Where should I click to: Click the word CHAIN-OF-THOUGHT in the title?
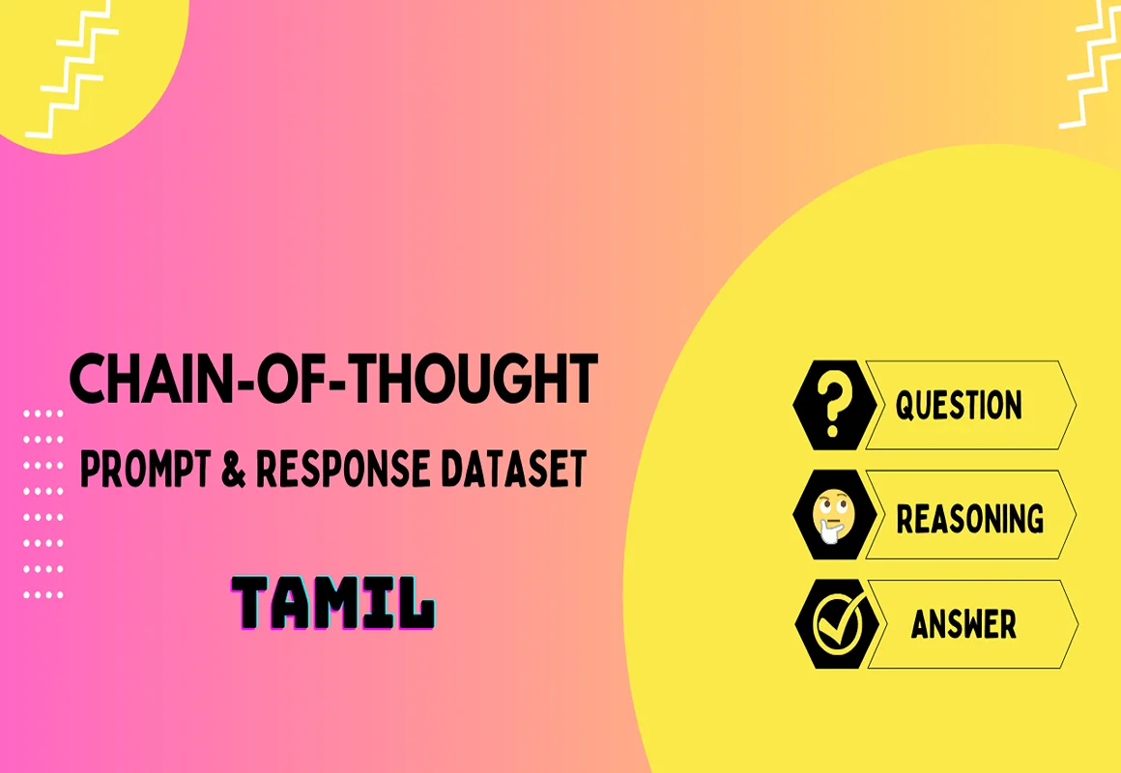tap(333, 379)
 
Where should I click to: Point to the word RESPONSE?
tap(343, 469)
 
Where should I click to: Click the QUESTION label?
tap(959, 406)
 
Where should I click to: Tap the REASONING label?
tap(969, 518)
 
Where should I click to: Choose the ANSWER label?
tap(963, 624)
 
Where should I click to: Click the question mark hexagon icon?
tap(835, 406)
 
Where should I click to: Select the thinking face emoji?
tap(834, 516)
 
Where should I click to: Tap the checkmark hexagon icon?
tap(837, 624)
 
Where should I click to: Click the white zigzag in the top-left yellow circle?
tap(72, 70)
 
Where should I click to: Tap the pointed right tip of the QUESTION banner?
tap(1076, 406)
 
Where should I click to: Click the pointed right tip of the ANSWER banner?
tap(1078, 624)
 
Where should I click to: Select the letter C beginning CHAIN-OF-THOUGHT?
tap(89, 379)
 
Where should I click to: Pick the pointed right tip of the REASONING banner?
tap(1076, 514)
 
